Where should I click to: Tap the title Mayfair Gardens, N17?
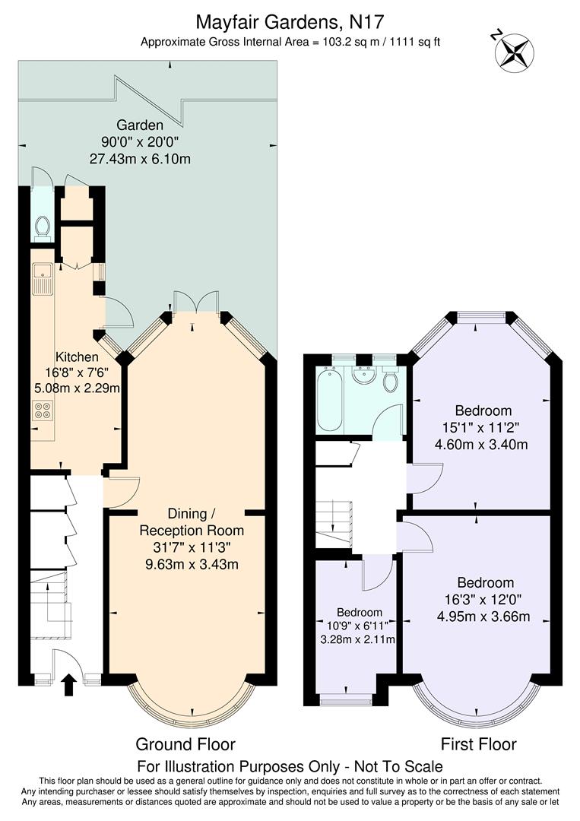click(x=290, y=20)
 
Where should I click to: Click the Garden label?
click(x=140, y=125)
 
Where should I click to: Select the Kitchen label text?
click(x=77, y=357)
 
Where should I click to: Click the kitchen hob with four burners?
click(x=42, y=410)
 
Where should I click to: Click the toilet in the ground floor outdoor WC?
click(x=42, y=226)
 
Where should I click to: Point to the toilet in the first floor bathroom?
click(x=391, y=380)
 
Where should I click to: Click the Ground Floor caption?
click(x=185, y=744)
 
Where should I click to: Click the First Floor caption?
click(x=478, y=744)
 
